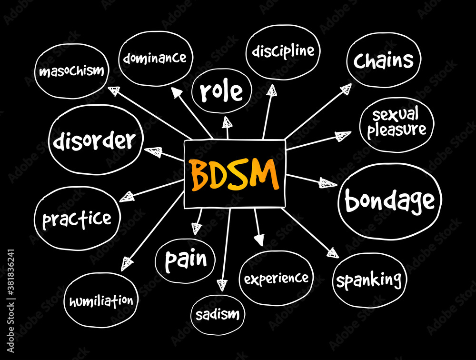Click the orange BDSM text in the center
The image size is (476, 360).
(x=234, y=174)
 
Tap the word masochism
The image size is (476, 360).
(x=71, y=71)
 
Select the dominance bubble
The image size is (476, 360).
(x=154, y=59)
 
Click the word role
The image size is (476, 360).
(x=220, y=91)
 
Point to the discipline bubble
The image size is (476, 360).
(x=283, y=50)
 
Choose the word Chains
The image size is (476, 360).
(x=383, y=60)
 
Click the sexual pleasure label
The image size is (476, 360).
(x=396, y=122)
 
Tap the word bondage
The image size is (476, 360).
(x=389, y=201)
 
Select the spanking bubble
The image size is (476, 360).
(x=369, y=280)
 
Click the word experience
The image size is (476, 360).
(x=276, y=278)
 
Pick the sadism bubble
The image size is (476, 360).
(x=218, y=314)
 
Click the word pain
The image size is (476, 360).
(x=186, y=259)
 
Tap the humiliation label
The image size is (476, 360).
(x=101, y=301)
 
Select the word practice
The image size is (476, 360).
(x=77, y=219)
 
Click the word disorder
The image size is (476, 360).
(x=94, y=141)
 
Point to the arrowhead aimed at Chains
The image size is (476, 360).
(x=346, y=89)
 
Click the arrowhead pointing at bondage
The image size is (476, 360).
(x=327, y=183)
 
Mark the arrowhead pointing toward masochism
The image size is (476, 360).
(x=114, y=90)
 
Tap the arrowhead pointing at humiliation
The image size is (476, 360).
(x=127, y=263)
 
